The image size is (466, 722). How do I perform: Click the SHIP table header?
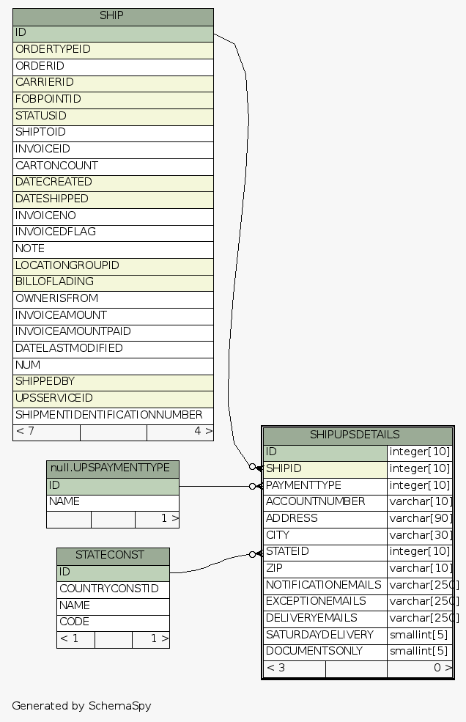click(x=113, y=15)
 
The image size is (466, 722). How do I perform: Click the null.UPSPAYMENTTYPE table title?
click(x=113, y=468)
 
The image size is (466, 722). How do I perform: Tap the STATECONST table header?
click(x=113, y=555)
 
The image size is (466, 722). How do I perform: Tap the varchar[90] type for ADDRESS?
click(x=420, y=518)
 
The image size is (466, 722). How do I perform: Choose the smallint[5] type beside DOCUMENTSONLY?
click(x=418, y=651)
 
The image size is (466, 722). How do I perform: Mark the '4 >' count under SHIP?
click(x=202, y=431)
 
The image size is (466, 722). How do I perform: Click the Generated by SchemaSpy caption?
click(x=81, y=706)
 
